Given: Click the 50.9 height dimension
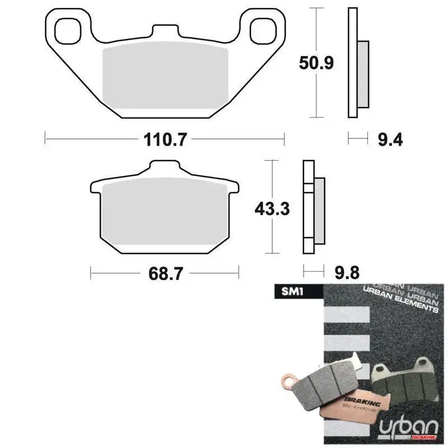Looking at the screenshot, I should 316,63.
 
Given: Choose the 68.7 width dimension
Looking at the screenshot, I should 165,274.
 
